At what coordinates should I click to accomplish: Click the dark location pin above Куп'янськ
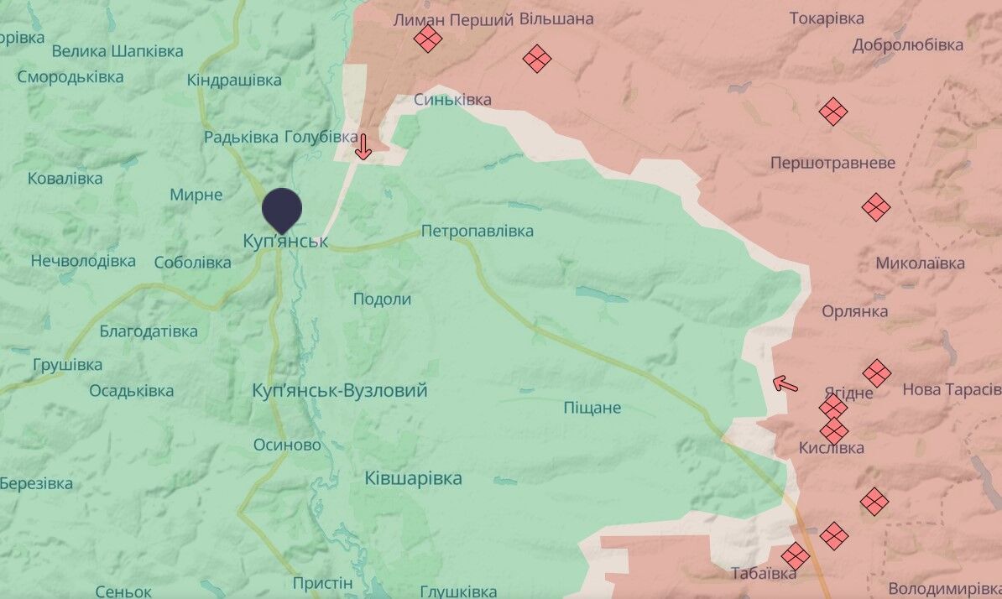coord(281,208)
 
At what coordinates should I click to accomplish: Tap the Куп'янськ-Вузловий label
coord(340,390)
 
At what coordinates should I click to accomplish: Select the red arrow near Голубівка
coord(363,147)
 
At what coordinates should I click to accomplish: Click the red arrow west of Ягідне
coord(785,384)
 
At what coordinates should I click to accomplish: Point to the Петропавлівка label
coord(477,231)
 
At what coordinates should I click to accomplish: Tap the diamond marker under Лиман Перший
coord(428,39)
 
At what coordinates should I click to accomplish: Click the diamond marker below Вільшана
coord(536,59)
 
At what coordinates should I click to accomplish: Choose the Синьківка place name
coord(452,100)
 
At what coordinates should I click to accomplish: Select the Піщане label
coord(592,408)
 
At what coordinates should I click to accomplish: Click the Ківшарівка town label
coord(413,478)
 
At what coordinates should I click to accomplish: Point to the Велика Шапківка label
coord(117,51)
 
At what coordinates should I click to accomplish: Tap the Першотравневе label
coord(832,163)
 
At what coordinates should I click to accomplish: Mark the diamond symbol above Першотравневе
coord(833,111)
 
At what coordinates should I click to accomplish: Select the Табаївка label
coord(763,574)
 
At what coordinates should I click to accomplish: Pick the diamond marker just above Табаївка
coord(795,555)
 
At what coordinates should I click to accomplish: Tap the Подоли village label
coord(382,299)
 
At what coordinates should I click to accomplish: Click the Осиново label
coord(287,445)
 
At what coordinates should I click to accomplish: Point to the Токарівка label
coord(826,18)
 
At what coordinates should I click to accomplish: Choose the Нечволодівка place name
coord(83,261)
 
